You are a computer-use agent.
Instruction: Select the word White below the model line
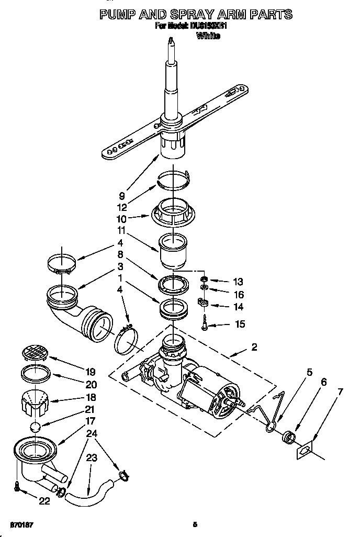pos(207,36)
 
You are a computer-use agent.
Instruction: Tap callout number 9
pos(121,197)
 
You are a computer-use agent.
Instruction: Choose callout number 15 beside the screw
pos(240,325)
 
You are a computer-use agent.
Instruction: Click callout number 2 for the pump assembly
pos(254,346)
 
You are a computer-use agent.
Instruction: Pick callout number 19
pos(90,372)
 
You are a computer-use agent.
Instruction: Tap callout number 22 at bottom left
pos(44,501)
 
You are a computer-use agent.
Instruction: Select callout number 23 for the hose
pos(92,457)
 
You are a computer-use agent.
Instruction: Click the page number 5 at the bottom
pos(194,524)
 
